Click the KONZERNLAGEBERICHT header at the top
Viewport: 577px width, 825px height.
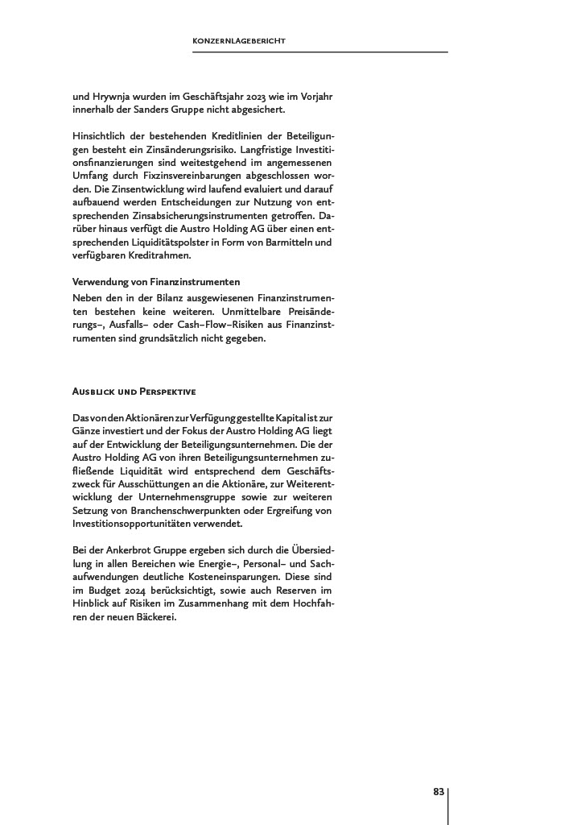[x=240, y=40]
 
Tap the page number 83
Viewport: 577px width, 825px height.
[x=439, y=792]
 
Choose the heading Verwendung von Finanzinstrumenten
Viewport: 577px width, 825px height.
[x=156, y=282]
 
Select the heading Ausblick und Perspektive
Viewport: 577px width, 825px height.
[x=134, y=392]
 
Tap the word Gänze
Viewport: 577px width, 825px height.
[x=88, y=431]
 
